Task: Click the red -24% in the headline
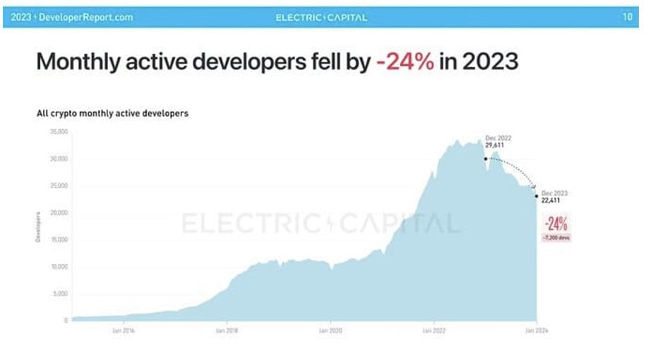click(x=404, y=63)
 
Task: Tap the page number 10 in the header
click(x=628, y=17)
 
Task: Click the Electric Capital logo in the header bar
click(x=321, y=18)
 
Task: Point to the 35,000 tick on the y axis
click(x=58, y=132)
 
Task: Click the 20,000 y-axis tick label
click(x=58, y=212)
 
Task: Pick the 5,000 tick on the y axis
click(x=59, y=293)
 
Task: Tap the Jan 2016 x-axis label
click(x=124, y=330)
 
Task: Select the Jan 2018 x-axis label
click(x=227, y=330)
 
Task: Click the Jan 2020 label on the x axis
click(x=330, y=330)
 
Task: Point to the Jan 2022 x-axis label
click(x=433, y=330)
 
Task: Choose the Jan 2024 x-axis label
click(x=537, y=330)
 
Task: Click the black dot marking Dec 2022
click(x=486, y=159)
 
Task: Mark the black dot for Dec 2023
click(x=536, y=196)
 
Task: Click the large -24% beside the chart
click(x=556, y=224)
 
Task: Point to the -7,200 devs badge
click(x=556, y=238)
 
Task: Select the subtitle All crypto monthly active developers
click(x=112, y=113)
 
